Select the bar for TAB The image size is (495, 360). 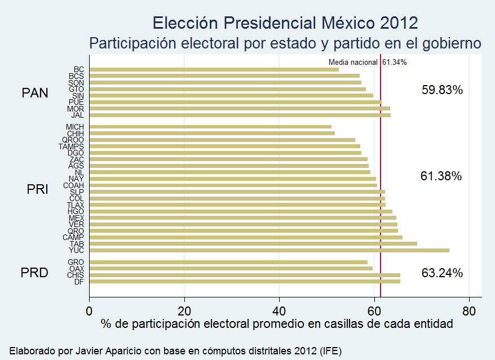point(253,243)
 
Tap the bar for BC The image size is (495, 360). point(214,69)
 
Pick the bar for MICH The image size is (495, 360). point(210,127)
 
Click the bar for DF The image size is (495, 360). point(245,281)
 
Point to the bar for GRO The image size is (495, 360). point(228,262)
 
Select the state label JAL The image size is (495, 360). point(77,115)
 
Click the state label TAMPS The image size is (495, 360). point(71,146)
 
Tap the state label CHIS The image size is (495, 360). point(75,275)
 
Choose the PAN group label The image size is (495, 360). point(35,93)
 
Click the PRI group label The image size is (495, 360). point(37,190)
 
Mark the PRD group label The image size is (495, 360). point(34,273)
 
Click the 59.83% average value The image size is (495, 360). point(442,90)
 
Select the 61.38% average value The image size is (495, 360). point(441,176)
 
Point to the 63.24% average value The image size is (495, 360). point(442,273)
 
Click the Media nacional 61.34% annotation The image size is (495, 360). point(368,62)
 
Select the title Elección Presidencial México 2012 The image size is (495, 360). point(285,23)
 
